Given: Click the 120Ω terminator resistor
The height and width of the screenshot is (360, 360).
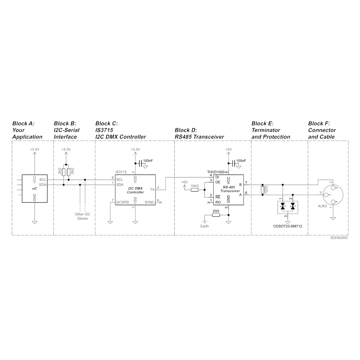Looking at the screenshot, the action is [262, 190].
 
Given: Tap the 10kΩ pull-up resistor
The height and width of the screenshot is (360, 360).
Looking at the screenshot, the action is [194, 190].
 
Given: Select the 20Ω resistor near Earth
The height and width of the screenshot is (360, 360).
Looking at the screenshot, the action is [216, 215].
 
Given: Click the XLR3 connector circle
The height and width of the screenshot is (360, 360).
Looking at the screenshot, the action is [333, 195].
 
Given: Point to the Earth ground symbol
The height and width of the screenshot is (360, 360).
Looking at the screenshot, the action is [204, 222].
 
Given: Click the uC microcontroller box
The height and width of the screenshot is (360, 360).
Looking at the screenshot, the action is [35, 189].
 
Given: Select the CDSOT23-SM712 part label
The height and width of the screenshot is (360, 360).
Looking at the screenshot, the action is [287, 226].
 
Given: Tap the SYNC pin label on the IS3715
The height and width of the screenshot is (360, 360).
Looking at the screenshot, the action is [149, 202].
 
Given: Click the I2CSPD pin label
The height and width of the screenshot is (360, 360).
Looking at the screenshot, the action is [123, 202].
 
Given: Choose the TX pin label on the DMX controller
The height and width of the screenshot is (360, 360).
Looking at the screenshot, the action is [152, 190].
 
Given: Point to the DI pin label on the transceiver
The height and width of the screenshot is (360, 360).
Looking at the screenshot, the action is [217, 177].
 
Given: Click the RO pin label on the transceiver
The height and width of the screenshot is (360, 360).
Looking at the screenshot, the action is [218, 202].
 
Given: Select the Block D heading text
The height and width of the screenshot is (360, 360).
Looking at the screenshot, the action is [199, 134].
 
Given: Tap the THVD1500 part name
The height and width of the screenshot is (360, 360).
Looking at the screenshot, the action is [216, 172].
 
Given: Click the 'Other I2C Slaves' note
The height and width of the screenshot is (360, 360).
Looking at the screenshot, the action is [82, 216].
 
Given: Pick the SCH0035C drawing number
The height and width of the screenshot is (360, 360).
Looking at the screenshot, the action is [339, 238].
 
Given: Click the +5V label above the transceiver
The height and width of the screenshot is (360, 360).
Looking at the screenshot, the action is [229, 149].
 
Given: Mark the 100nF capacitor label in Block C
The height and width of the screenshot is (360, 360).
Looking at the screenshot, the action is [148, 161].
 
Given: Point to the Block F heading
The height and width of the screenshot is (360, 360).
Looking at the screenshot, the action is [322, 130].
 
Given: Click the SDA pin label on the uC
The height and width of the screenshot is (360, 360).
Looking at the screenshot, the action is [43, 185].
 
